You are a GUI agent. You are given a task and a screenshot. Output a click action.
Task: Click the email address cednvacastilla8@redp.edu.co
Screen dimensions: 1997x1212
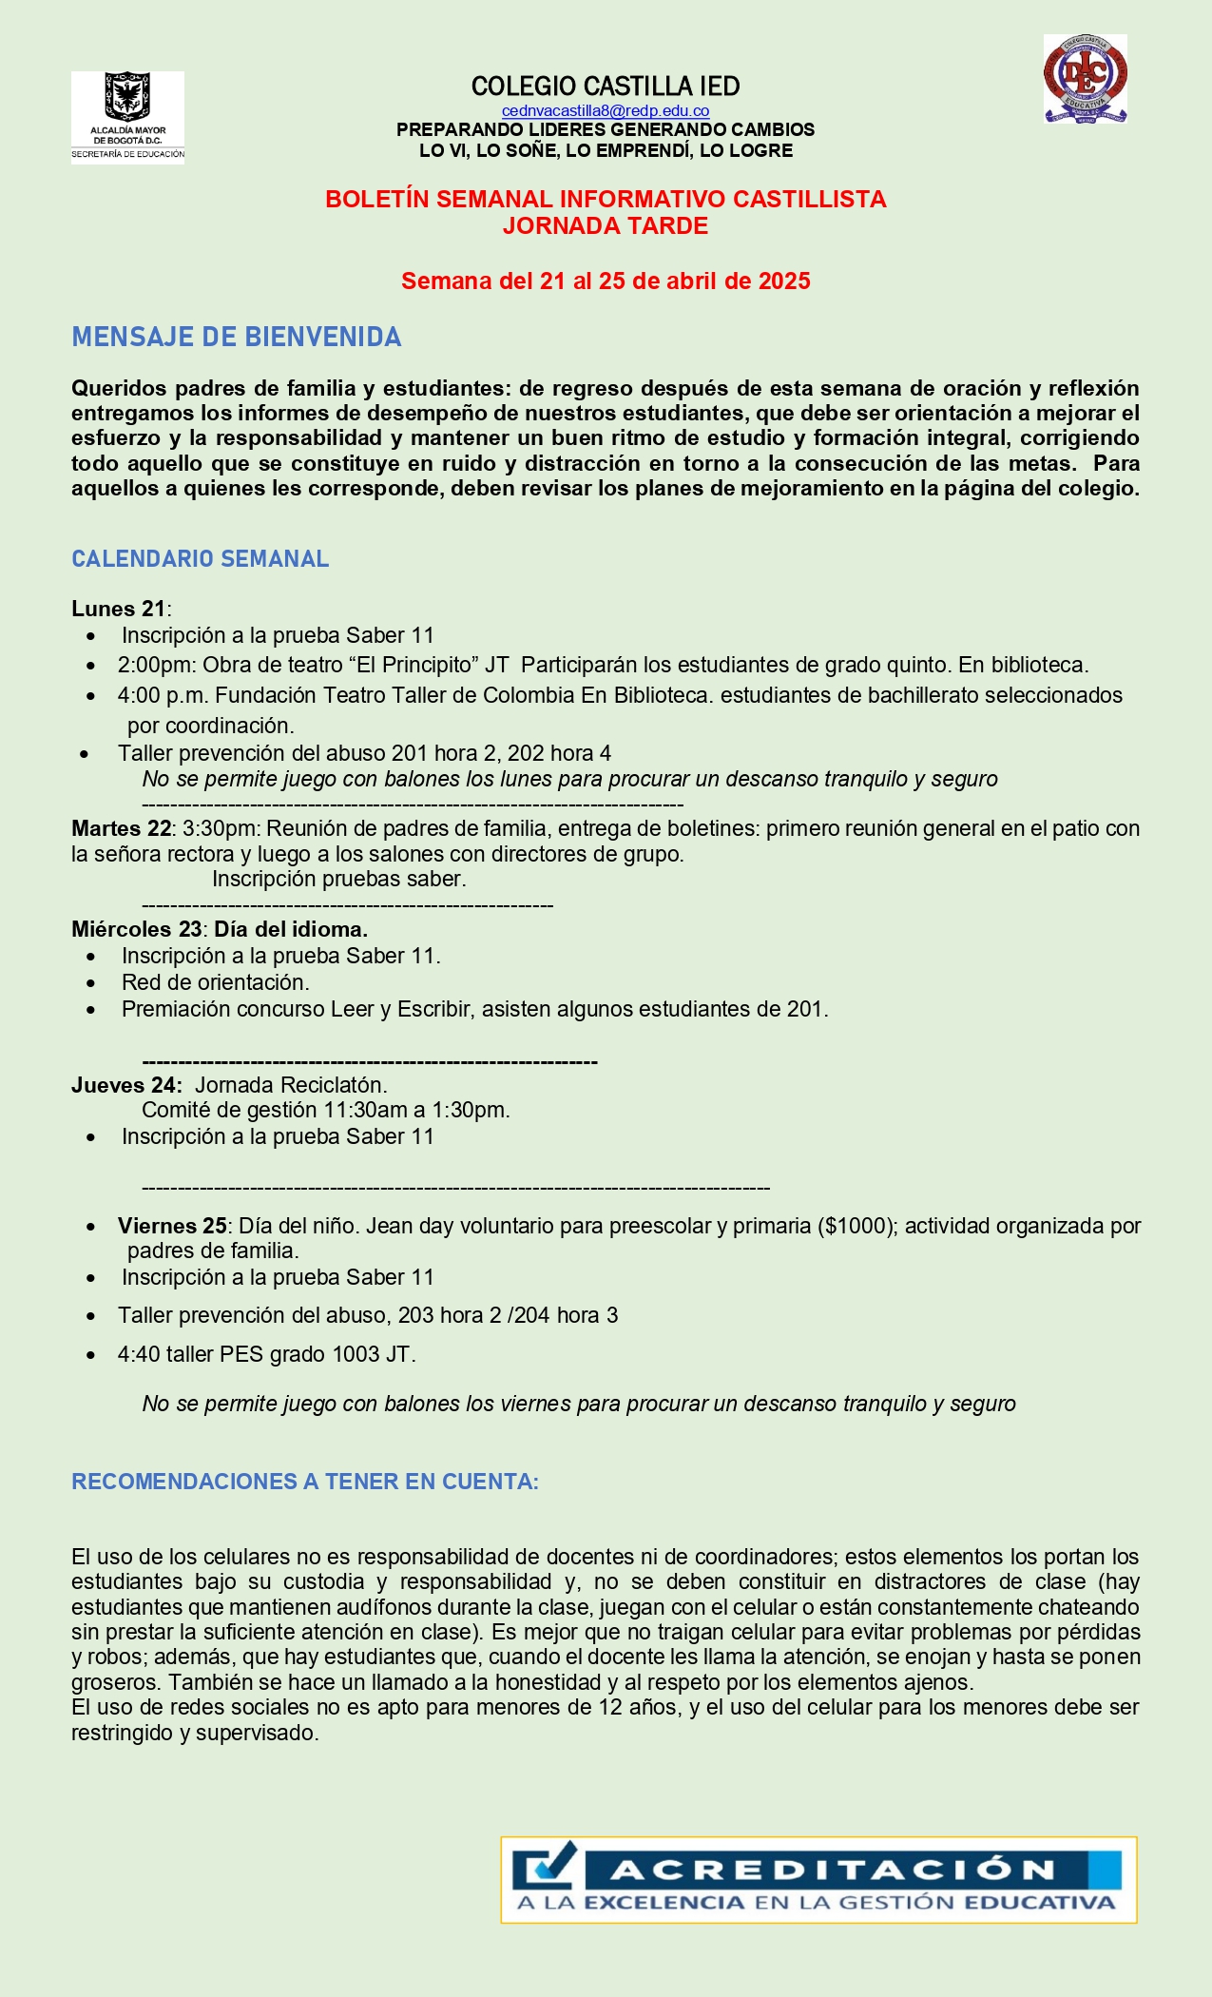(606, 111)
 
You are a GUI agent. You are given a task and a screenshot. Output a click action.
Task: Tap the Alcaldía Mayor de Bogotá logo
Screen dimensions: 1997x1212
(127, 117)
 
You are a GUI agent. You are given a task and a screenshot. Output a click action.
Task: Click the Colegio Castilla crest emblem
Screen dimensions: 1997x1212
(1085, 79)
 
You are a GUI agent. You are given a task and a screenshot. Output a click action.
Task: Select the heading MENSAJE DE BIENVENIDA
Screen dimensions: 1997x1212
(237, 338)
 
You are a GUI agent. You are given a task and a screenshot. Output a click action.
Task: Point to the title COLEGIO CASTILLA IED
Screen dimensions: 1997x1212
(606, 87)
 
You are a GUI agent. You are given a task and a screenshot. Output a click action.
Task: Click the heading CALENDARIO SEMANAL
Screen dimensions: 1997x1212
(201, 559)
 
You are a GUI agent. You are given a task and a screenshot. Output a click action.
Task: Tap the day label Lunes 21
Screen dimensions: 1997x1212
(119, 610)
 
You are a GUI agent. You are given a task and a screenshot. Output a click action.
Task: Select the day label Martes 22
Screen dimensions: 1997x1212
(121, 829)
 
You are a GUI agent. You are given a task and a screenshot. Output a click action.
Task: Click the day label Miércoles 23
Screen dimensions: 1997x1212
(136, 929)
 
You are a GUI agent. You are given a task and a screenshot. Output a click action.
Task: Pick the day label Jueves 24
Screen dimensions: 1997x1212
(126, 1085)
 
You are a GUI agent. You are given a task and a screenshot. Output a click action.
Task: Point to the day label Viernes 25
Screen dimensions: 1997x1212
(172, 1226)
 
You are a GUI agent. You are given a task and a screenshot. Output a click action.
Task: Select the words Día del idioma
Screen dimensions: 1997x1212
(291, 929)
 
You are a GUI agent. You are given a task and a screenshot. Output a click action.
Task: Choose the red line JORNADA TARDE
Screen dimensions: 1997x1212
(606, 226)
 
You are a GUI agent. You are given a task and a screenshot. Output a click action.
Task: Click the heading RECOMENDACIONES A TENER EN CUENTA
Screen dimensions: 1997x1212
(305, 1482)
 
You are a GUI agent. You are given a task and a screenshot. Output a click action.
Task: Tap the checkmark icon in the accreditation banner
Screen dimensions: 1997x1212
(546, 1868)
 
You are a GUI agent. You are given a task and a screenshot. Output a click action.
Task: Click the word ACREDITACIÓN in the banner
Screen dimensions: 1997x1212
(834, 1871)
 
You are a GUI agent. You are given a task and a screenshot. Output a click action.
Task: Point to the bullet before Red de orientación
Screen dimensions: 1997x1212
(91, 983)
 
